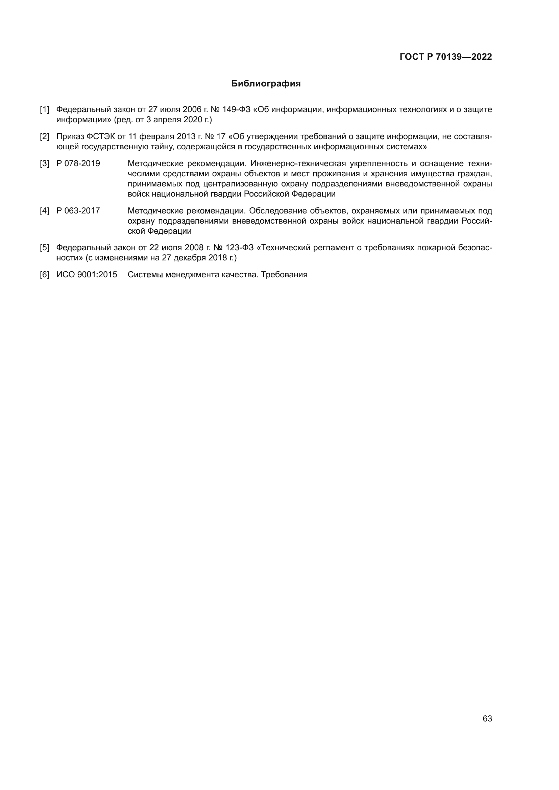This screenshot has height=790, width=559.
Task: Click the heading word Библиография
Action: pos(266,84)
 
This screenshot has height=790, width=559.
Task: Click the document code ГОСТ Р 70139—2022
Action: pos(446,57)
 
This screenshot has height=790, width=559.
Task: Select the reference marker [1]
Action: pos(44,110)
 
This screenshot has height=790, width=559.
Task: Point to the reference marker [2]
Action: pos(44,136)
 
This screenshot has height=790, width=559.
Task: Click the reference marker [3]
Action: pos(44,163)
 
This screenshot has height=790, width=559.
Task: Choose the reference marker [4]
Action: pos(44,210)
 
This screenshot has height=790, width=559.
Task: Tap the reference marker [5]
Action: pos(44,248)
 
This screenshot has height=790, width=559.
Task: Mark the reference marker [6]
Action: pos(44,275)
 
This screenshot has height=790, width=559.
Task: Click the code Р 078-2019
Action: pos(78,163)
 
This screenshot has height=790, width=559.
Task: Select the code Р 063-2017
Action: pos(78,210)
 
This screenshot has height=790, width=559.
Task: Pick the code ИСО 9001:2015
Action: pos(87,275)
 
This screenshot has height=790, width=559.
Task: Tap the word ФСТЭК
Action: pos(100,136)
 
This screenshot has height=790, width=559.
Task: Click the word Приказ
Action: pos(70,136)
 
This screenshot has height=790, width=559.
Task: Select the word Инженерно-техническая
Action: pos(298,163)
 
